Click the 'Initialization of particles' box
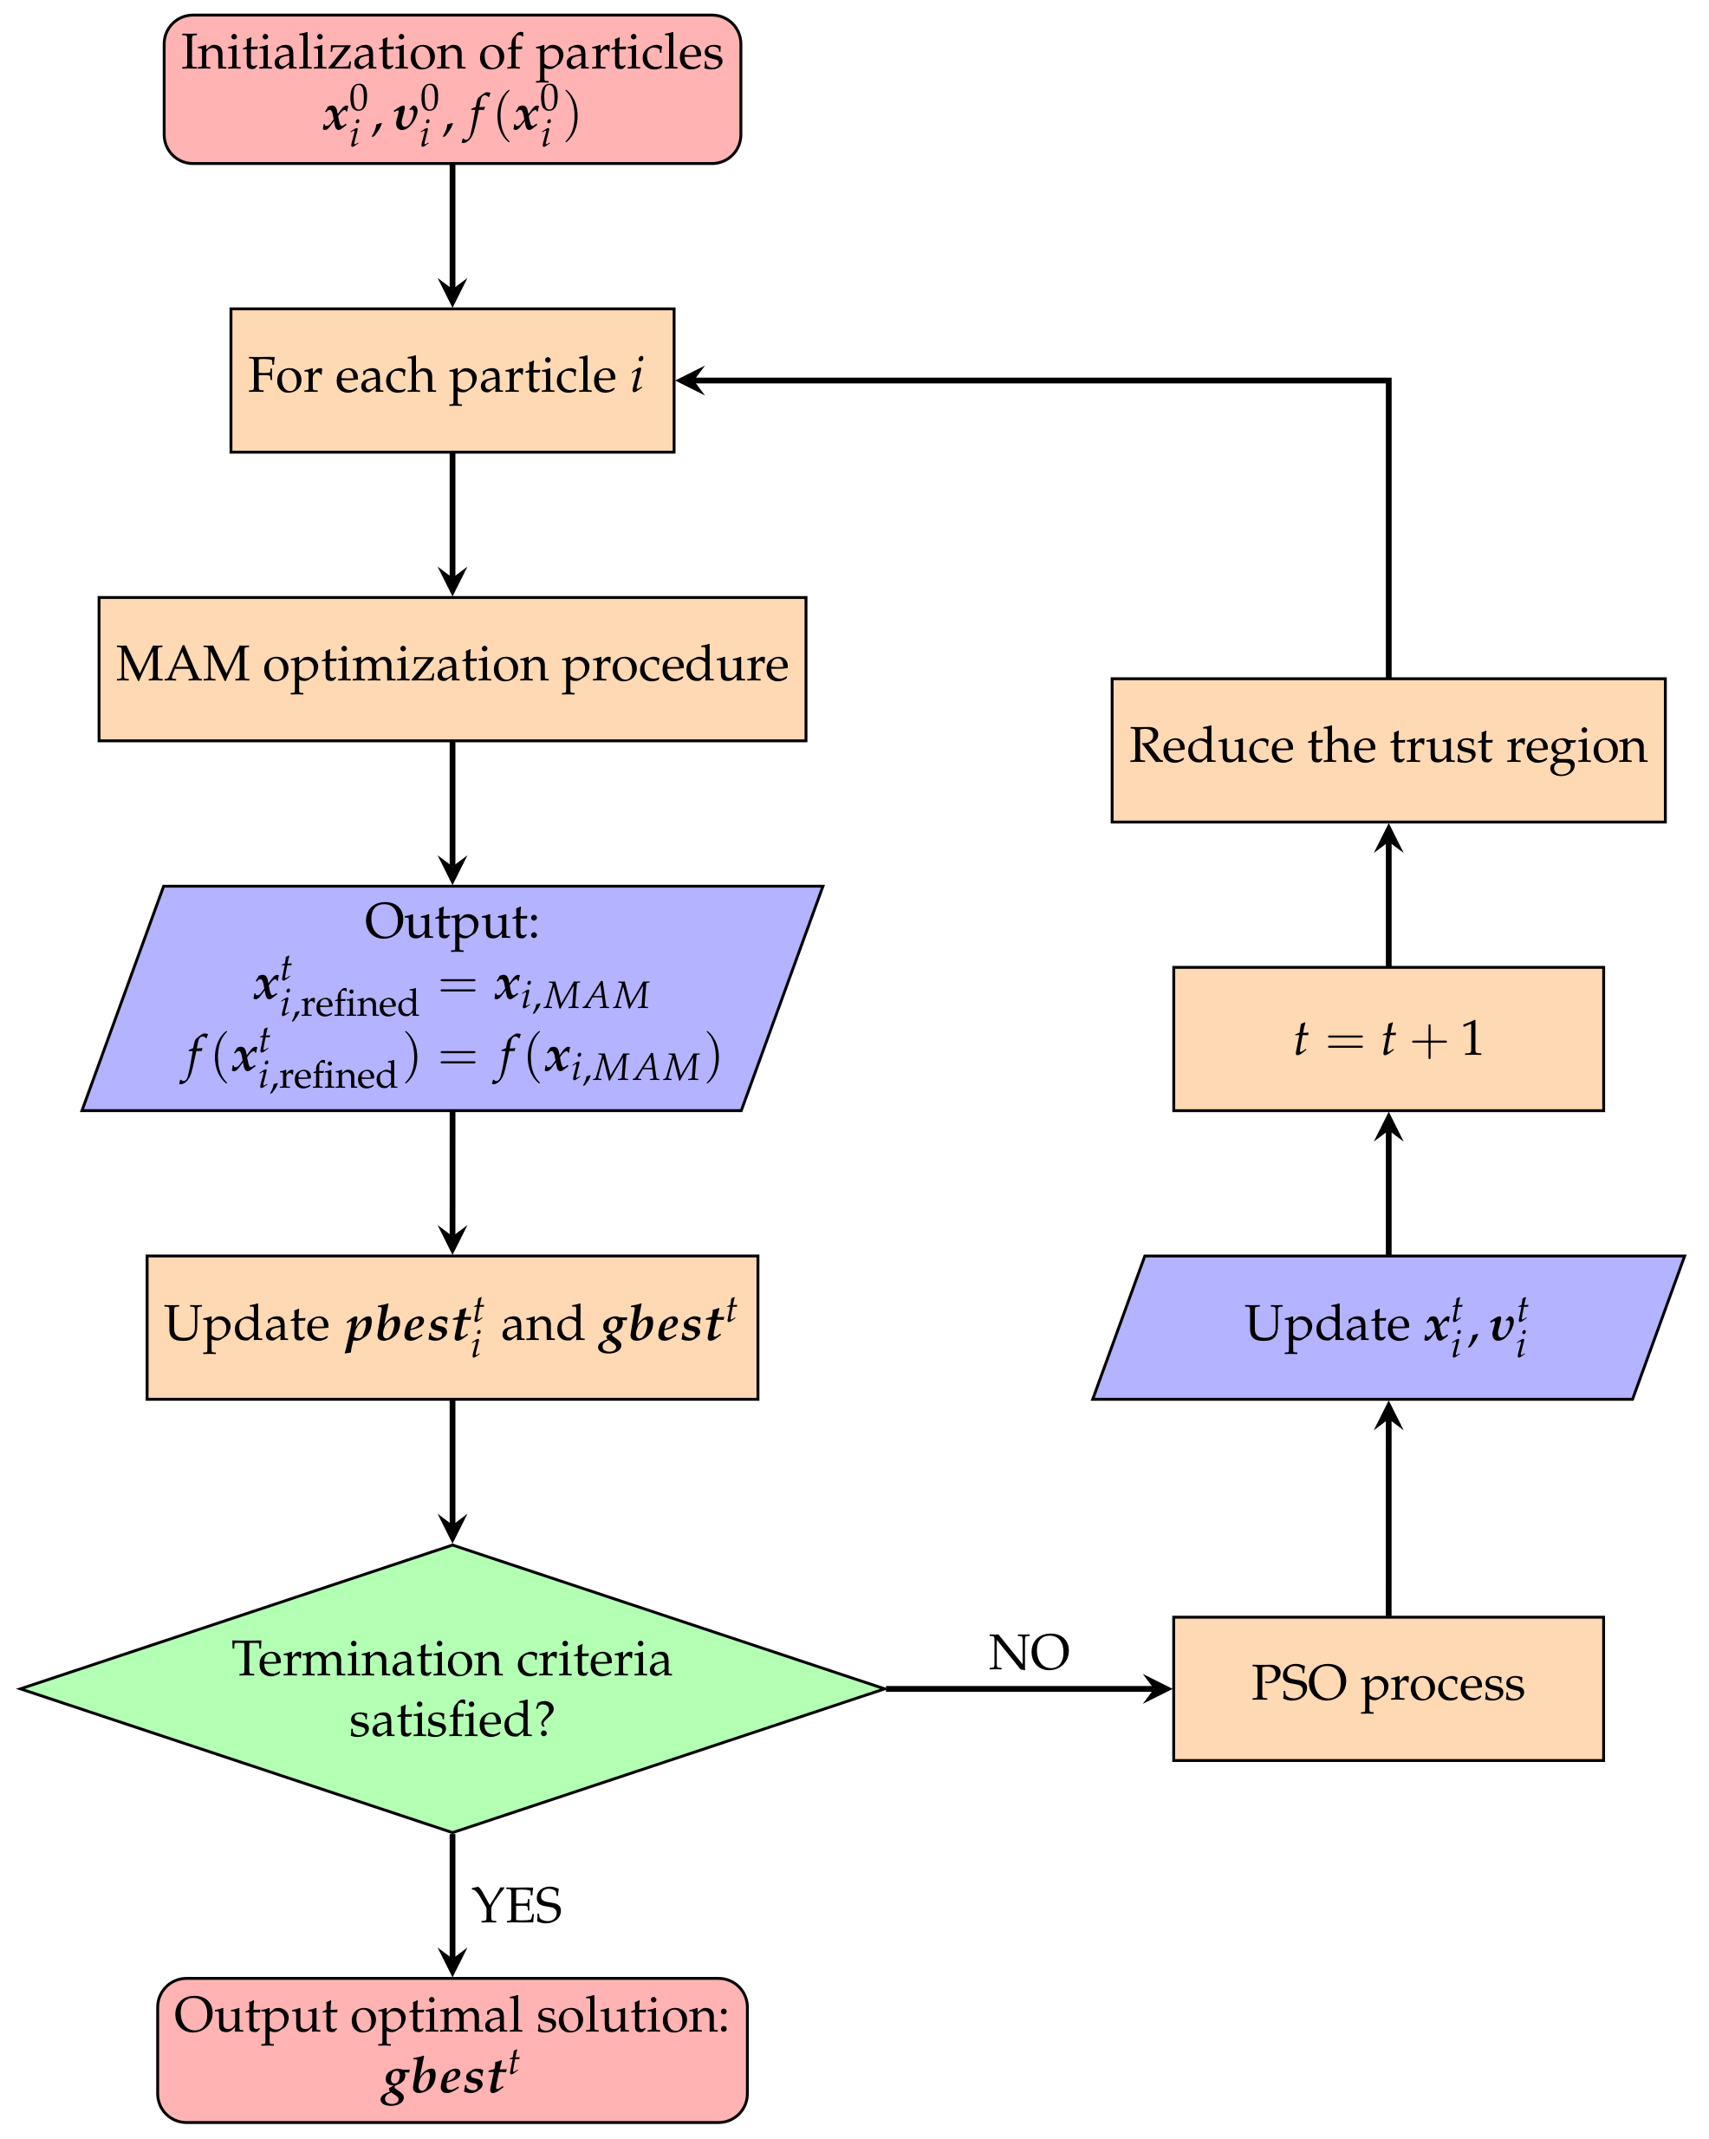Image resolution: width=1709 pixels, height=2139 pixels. (x=452, y=89)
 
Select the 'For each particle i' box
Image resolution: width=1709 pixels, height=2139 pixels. (x=452, y=380)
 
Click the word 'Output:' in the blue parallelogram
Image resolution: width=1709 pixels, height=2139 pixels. (x=452, y=921)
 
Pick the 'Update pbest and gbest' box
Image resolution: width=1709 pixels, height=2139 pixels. (x=452, y=1328)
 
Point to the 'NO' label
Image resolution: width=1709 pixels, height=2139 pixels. (x=1029, y=1653)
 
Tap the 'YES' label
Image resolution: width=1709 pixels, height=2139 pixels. (x=517, y=1906)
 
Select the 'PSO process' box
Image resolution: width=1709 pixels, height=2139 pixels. (x=1387, y=1688)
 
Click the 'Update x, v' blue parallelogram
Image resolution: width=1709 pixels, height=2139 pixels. (x=1387, y=1328)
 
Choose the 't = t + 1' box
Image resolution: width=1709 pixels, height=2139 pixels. (x=1387, y=1039)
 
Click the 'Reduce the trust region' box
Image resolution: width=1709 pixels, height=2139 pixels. (x=1387, y=750)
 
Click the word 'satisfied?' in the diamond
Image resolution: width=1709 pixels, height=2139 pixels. (x=452, y=1720)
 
